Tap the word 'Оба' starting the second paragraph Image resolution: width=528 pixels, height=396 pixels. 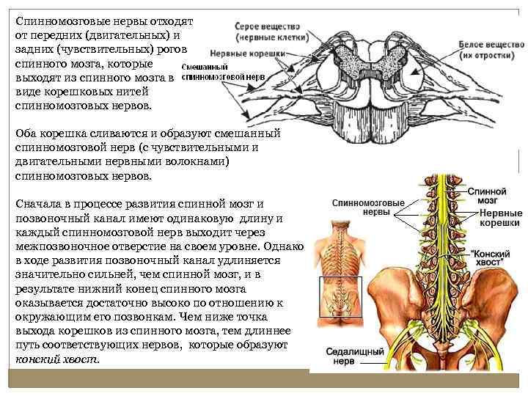[27, 134]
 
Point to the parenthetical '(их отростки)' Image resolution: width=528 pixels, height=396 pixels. [485, 56]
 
